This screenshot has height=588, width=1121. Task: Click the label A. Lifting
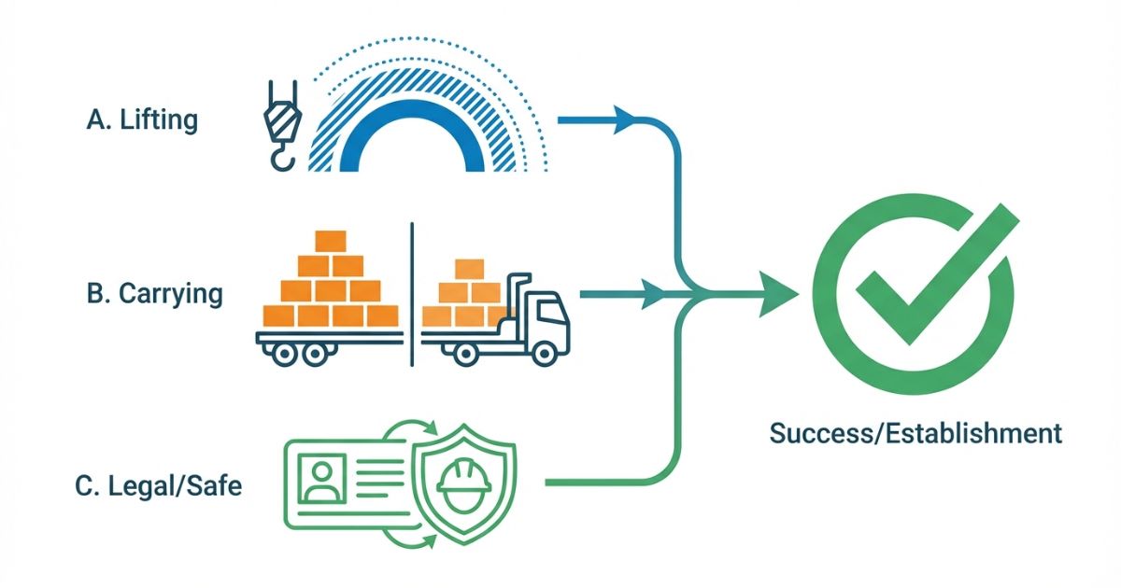[x=142, y=121]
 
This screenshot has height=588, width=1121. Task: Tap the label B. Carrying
[x=154, y=294]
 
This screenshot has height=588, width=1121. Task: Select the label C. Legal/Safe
[x=158, y=485]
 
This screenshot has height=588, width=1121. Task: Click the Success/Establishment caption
[x=915, y=433]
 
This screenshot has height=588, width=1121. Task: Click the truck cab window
[x=546, y=309]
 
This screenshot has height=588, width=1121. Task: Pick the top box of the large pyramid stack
[x=331, y=241]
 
